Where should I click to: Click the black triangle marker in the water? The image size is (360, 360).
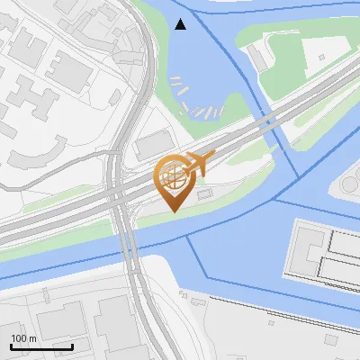click(180, 24)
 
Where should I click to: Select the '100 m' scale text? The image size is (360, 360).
click(23, 338)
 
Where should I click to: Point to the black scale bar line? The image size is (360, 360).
click(41, 346)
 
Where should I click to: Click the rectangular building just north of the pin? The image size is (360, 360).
click(154, 145)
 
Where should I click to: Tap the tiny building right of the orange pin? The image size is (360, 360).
click(203, 194)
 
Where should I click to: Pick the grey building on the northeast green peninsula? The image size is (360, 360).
click(259, 58)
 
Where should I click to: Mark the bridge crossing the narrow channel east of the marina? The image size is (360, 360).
click(270, 121)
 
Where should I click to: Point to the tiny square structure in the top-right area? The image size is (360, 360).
click(319, 57)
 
